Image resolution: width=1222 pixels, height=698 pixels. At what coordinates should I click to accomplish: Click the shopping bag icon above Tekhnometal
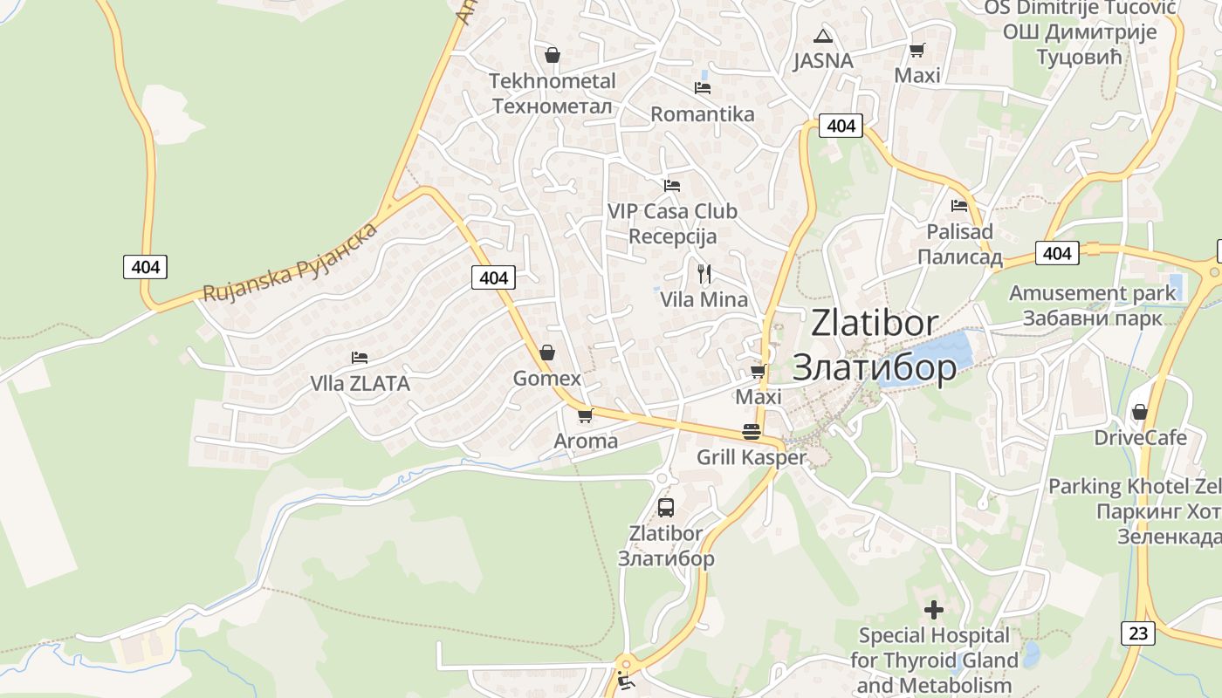tap(552, 55)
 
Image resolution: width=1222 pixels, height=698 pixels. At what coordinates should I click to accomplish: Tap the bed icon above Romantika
tap(702, 87)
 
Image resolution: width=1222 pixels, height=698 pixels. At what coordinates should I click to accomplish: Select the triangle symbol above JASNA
tap(822, 37)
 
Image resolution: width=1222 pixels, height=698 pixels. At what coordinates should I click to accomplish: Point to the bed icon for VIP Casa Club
tap(671, 185)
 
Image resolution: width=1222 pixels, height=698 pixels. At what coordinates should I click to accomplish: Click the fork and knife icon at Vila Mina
tap(704, 274)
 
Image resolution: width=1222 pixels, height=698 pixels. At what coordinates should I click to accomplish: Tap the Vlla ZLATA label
tap(360, 383)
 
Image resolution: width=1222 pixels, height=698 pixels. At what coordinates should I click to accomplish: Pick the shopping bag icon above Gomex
tap(547, 352)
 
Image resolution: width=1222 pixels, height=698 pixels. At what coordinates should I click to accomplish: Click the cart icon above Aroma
tap(585, 415)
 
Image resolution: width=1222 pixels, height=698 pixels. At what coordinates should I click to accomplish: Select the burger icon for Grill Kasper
tap(751, 431)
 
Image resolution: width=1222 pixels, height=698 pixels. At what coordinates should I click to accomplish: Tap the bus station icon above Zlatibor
tap(665, 507)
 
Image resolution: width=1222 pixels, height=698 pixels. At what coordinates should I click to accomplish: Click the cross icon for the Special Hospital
tap(934, 609)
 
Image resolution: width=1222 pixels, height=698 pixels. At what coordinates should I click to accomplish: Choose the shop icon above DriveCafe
tap(1139, 411)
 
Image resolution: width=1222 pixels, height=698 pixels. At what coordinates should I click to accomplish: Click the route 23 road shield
tap(1138, 633)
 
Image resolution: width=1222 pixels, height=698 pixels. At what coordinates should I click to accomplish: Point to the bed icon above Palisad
tap(959, 206)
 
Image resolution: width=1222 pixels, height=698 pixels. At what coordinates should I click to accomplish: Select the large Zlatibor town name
tap(874, 345)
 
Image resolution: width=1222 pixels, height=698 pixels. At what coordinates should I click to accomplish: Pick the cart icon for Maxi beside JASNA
tap(916, 51)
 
